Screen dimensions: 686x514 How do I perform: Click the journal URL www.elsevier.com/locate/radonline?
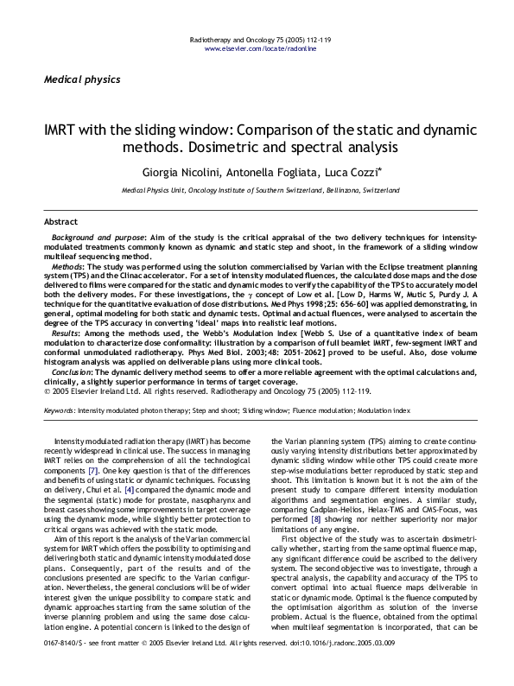(256, 50)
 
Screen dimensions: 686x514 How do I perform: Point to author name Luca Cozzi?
(358, 169)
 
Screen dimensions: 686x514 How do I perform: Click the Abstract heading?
(61, 221)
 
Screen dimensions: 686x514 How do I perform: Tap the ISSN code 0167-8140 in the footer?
(61, 668)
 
